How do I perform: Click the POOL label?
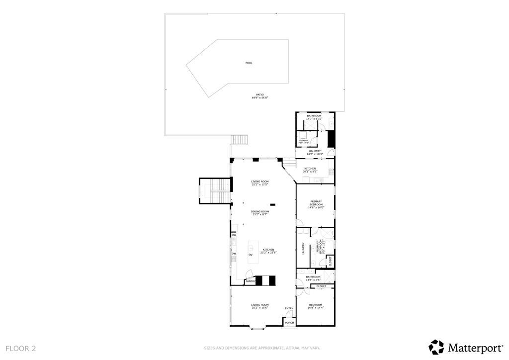[x=249, y=63]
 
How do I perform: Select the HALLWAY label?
[x=314, y=151]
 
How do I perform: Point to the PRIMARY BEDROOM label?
[x=316, y=203]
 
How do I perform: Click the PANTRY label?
[x=251, y=282]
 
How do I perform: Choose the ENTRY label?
[x=289, y=309]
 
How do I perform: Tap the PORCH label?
[x=289, y=323]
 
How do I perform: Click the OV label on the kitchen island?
[x=251, y=254]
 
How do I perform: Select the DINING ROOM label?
[x=260, y=211]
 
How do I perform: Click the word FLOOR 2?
[x=21, y=349]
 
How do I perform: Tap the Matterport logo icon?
[x=436, y=347]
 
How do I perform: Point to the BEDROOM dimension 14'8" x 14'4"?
[x=316, y=308]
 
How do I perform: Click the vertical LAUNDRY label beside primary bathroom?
[x=303, y=249]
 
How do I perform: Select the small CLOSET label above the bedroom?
[x=321, y=286]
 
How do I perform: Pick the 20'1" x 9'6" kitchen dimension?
[x=310, y=172]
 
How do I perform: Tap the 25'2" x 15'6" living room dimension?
[x=259, y=308]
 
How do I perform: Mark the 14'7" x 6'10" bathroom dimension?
[x=314, y=119]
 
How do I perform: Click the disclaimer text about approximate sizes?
[x=261, y=348]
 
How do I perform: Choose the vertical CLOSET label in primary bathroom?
[x=330, y=261]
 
